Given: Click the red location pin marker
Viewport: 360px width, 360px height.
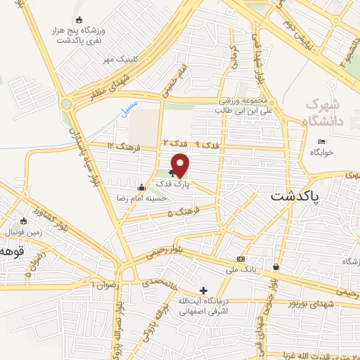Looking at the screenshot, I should [x=181, y=165].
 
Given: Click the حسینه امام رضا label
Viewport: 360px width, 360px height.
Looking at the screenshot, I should [x=165, y=198].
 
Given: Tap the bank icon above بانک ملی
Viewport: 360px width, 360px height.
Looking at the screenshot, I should [x=241, y=258].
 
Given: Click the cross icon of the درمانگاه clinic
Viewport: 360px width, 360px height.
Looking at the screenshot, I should [x=203, y=290].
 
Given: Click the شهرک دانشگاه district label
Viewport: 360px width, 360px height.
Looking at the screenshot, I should [x=325, y=112].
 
